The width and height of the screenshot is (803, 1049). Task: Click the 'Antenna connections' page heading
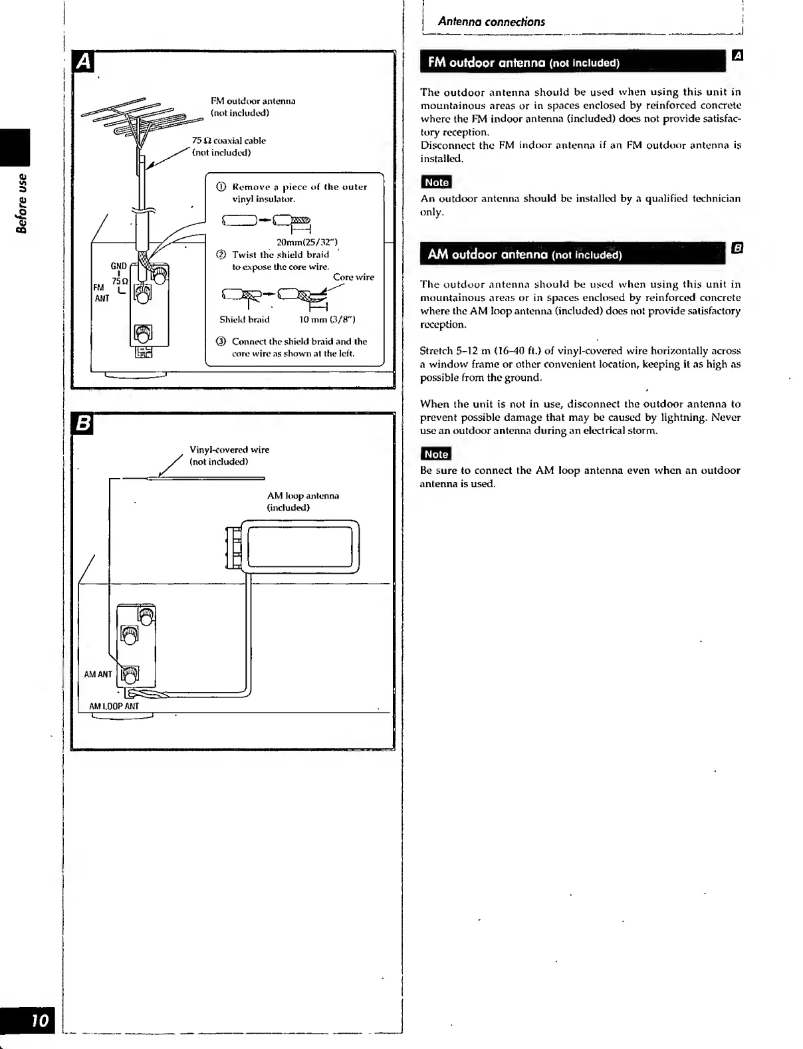(491, 22)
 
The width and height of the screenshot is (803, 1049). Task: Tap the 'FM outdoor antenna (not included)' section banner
(524, 63)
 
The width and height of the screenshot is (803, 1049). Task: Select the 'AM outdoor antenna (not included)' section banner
(524, 255)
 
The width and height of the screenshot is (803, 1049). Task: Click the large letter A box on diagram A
(84, 60)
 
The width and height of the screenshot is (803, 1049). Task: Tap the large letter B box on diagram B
(84, 423)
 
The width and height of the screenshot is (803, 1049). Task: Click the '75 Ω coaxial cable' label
(229, 141)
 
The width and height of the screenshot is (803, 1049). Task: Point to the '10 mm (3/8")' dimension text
(327, 320)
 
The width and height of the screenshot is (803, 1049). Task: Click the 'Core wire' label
(353, 277)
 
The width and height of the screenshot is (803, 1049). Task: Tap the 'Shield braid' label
(245, 320)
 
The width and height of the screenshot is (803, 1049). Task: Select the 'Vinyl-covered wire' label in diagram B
(229, 450)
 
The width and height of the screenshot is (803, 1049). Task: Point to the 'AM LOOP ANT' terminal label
(114, 706)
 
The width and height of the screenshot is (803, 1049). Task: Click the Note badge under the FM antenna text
(436, 182)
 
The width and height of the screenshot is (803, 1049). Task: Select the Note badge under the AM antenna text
(436, 454)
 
